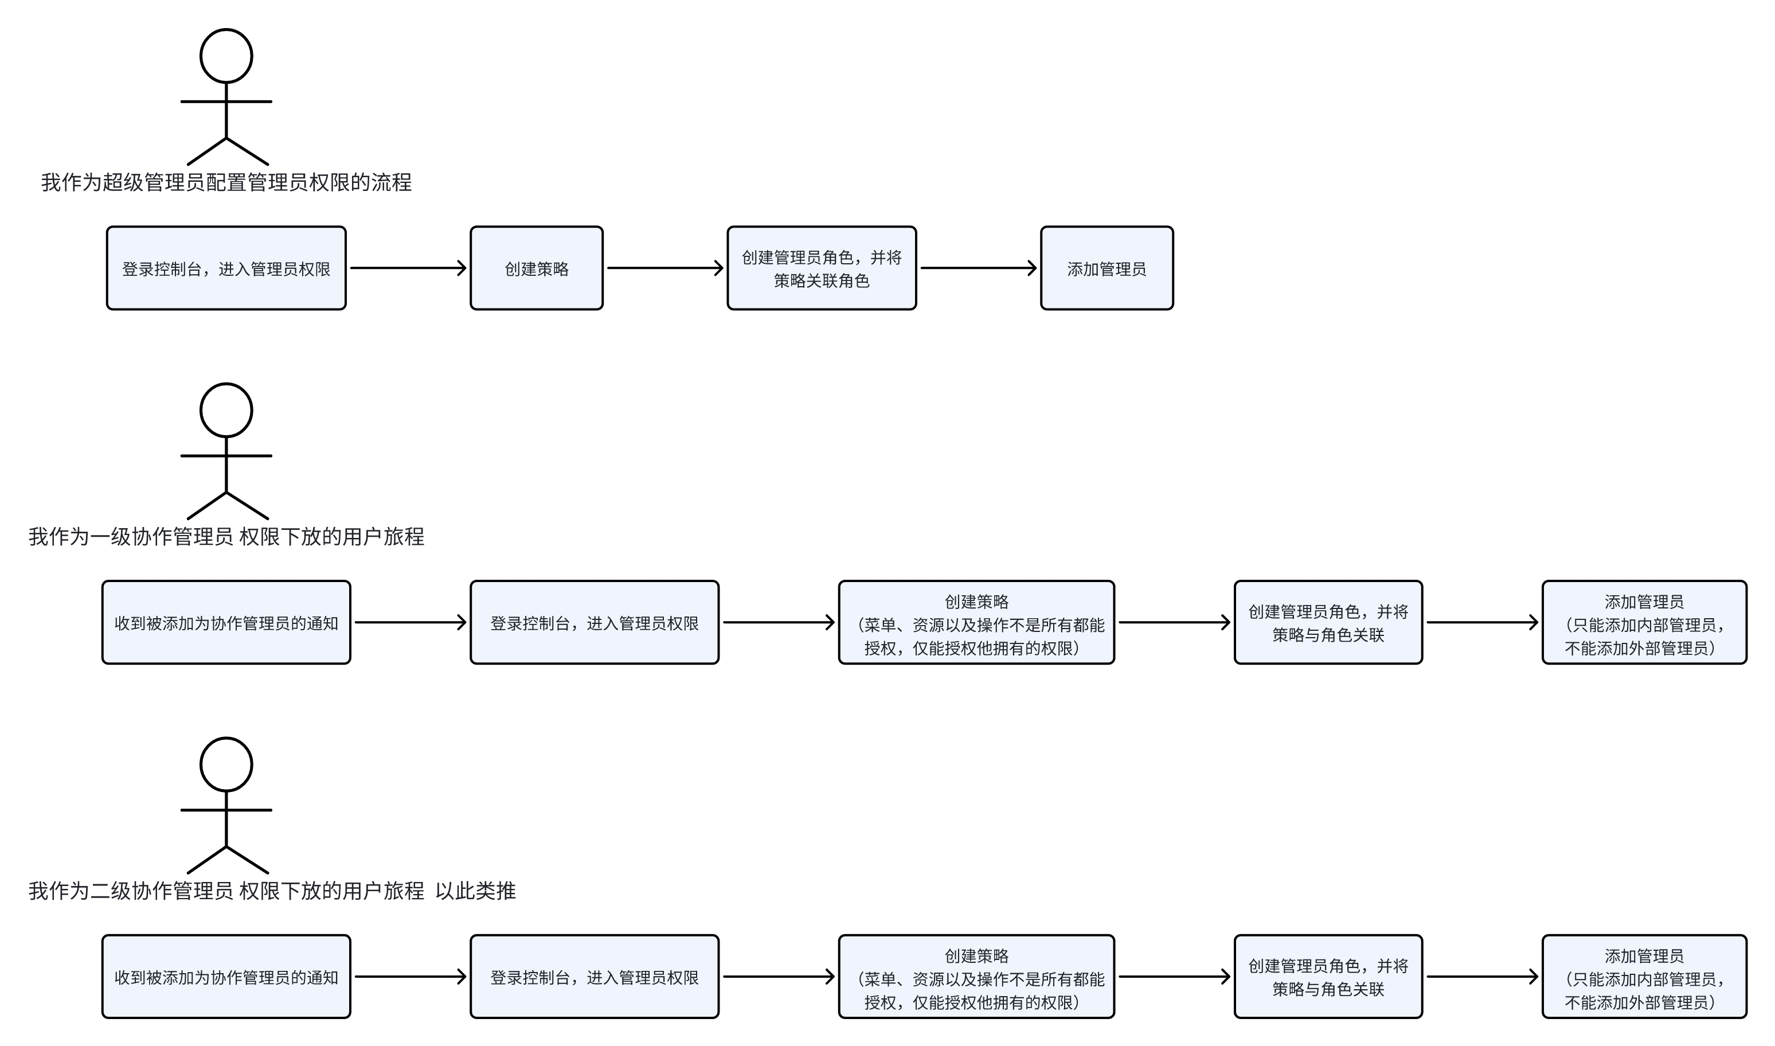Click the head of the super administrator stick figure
pyautogui.click(x=226, y=56)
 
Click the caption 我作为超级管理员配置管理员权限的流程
pyautogui.click(x=226, y=182)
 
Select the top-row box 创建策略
pyautogui.click(x=536, y=268)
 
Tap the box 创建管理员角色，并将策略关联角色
pyautogui.click(x=822, y=268)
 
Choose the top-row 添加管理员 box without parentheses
pyautogui.click(x=1107, y=268)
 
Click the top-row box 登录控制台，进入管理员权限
pyautogui.click(x=226, y=268)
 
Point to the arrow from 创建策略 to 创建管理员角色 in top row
pyautogui.click(x=664, y=268)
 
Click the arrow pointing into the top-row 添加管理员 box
pyautogui.click(x=978, y=268)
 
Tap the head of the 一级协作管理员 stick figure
pyautogui.click(x=226, y=410)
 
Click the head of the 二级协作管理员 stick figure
pyautogui.click(x=226, y=765)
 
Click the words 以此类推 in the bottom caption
pyautogui.click(x=476, y=892)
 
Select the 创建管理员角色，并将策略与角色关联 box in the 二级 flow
pyautogui.click(x=1328, y=977)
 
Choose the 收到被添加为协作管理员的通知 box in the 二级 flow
pyautogui.click(x=226, y=977)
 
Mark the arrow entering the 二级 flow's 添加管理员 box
pyautogui.click(x=1482, y=977)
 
